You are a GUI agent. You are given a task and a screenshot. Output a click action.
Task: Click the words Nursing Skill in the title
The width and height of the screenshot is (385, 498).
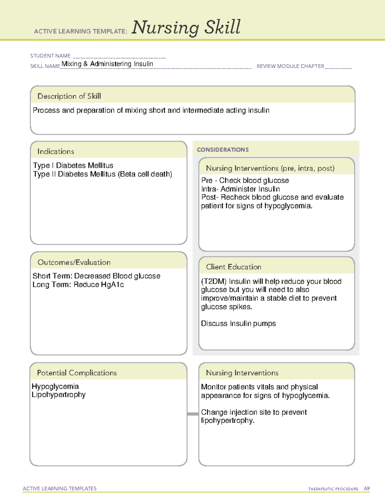point(186,28)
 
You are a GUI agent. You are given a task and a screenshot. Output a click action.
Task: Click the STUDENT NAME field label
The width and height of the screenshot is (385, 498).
point(50,56)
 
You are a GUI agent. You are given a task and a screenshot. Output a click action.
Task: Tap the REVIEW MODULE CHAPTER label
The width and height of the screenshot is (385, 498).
point(290,66)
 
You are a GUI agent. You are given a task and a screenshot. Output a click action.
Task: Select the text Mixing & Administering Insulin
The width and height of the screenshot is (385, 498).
point(107,64)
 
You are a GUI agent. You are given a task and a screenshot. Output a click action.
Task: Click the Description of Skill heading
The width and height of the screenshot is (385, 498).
point(69,96)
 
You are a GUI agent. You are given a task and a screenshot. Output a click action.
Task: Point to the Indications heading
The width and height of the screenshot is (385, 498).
point(56,151)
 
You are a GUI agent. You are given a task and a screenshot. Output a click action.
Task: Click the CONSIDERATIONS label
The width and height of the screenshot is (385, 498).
point(223,150)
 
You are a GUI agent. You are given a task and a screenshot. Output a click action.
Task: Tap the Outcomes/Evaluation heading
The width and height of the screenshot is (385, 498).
point(74,262)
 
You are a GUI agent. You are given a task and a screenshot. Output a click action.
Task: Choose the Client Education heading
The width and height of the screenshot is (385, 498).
point(234,267)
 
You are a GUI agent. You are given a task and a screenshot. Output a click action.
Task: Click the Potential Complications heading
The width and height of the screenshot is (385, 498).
point(77,373)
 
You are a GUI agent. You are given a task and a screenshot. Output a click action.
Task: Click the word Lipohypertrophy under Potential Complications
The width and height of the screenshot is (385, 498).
point(59,395)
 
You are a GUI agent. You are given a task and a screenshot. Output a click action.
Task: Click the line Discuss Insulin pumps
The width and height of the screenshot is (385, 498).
point(238,324)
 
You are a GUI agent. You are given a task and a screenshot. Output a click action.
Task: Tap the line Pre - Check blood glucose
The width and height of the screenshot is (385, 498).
point(245,181)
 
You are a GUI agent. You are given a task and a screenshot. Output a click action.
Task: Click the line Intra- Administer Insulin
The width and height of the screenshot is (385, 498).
point(240,189)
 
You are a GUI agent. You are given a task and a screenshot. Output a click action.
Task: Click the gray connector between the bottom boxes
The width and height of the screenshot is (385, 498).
point(193,414)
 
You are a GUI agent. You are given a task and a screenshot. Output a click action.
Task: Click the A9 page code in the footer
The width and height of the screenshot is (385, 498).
point(367,489)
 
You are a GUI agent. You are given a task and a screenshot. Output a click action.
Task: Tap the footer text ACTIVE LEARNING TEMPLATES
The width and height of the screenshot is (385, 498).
point(60,488)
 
